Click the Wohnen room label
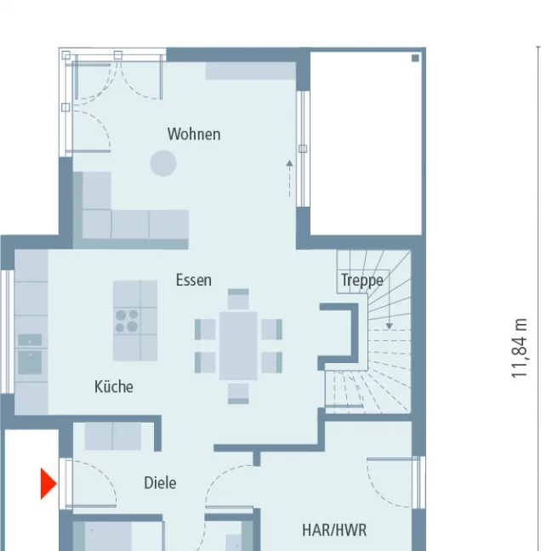(x=194, y=134)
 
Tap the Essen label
(x=194, y=280)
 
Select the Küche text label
(x=113, y=387)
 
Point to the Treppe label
(x=362, y=281)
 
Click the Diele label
(x=160, y=483)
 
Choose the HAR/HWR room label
(x=334, y=530)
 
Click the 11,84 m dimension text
(x=520, y=349)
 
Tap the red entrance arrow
(x=48, y=484)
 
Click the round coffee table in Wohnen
(x=163, y=163)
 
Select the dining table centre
(x=238, y=346)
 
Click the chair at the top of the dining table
(x=238, y=298)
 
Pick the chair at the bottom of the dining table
(x=238, y=394)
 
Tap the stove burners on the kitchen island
(x=127, y=321)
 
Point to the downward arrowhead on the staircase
(x=389, y=327)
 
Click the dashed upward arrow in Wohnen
(x=289, y=179)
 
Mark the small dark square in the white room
(x=415, y=58)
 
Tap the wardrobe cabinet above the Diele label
(x=113, y=436)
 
